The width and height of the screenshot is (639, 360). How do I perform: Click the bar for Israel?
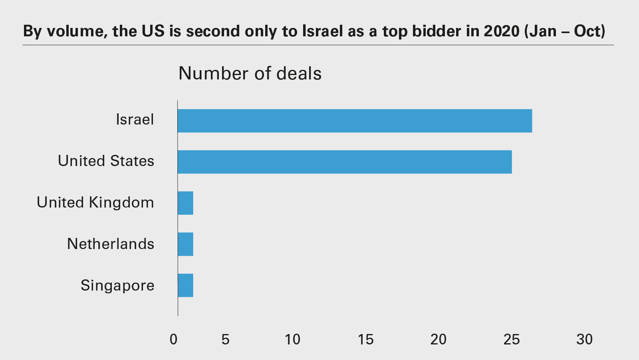[355, 121]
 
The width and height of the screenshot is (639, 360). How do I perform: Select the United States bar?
[345, 162]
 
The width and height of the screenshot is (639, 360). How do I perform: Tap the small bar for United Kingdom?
[185, 203]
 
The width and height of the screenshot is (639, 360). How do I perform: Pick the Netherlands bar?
[185, 244]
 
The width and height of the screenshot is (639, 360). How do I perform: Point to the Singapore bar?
[185, 285]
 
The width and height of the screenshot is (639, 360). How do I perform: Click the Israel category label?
[135, 120]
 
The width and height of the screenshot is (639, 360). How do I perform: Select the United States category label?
[106, 161]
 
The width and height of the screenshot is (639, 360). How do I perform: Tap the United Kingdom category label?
[95, 202]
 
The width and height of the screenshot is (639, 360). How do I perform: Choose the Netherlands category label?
[111, 244]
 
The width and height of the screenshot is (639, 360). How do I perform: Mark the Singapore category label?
[117, 285]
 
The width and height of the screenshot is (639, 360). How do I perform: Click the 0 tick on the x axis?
[173, 339]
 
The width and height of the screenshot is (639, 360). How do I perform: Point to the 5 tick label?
[225, 339]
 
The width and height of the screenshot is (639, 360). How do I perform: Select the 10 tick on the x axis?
[292, 339]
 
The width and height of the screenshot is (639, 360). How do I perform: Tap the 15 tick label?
[365, 339]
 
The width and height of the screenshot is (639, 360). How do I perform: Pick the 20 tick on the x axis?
[438, 339]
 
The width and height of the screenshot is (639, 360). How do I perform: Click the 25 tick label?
[512, 339]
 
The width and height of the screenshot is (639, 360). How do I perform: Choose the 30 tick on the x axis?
[584, 339]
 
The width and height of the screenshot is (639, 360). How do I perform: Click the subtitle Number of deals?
[250, 73]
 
